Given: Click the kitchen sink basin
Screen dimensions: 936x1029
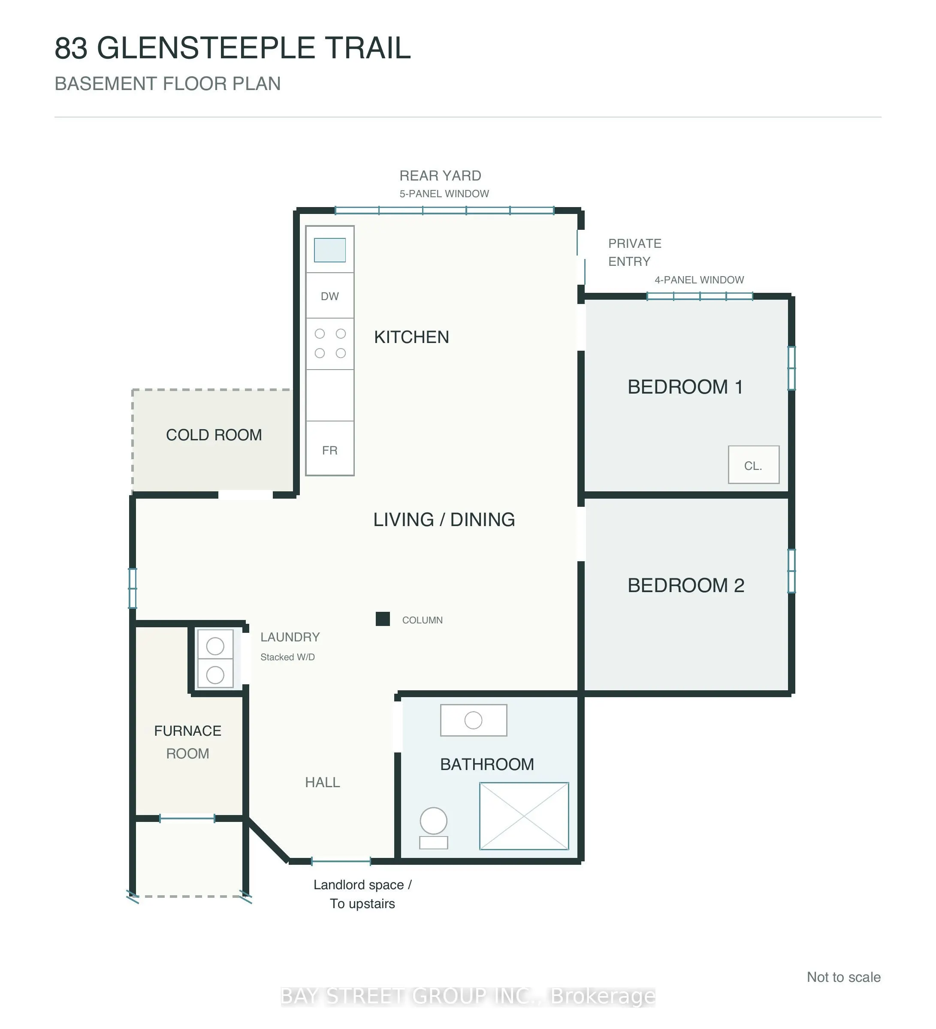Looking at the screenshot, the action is pos(329,250).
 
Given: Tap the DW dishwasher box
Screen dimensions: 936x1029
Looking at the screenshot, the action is pos(329,295).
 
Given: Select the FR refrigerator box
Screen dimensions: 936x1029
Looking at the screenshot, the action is pos(329,448).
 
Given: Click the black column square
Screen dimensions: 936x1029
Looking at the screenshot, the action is pos(383,619).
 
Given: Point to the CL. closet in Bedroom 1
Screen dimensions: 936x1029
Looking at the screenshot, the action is pos(753,464).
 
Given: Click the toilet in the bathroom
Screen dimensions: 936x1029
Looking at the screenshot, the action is pos(434,828).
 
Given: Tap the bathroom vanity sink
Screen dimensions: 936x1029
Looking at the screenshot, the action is pos(473,720).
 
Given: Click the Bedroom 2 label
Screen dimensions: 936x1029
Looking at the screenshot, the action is pos(686,585).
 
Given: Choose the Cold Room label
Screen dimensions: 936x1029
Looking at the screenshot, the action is pos(214,435).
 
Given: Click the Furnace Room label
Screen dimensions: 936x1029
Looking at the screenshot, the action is pos(188,742).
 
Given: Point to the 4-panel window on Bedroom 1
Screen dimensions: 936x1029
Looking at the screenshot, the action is pos(700,296).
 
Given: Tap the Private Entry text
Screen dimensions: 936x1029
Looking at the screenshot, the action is pos(635,252).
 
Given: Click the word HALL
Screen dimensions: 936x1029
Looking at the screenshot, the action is pos(322,782).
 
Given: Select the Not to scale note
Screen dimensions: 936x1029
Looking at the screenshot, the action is pos(844,977).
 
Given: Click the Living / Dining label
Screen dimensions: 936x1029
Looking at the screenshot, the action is pos(444,520).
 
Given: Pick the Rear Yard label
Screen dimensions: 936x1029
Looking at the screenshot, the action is pos(440,176).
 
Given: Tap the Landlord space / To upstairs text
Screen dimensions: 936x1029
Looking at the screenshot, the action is pos(362,894).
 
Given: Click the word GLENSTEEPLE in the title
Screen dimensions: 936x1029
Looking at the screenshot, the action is pos(206,48).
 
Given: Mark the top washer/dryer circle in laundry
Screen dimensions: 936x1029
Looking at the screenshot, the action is pos(215,646).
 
